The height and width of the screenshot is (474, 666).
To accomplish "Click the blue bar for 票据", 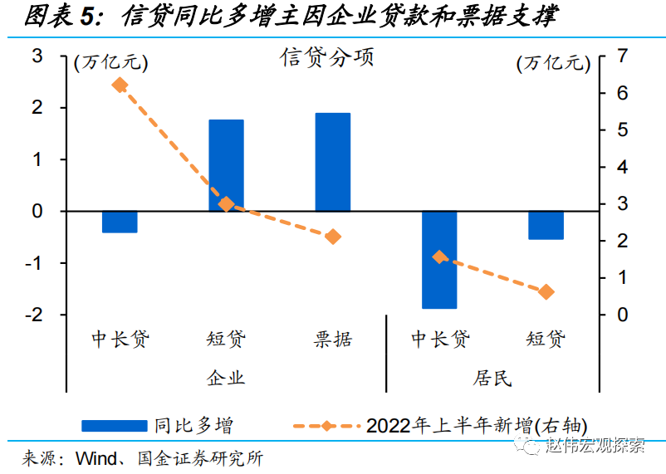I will (332, 162).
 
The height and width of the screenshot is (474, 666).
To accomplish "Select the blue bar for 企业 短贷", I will (226, 165).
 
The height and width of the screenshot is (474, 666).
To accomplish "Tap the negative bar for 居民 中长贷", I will (439, 259).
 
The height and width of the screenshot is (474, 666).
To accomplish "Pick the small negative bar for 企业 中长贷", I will (120, 222).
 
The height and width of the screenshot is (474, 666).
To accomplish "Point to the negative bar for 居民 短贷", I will (546, 225).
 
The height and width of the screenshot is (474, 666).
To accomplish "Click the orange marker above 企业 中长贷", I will (120, 85).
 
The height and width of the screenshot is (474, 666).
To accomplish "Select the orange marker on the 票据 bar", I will (333, 237).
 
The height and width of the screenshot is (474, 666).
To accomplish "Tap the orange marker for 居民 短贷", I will (546, 291).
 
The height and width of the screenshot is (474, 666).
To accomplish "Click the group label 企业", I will (226, 378).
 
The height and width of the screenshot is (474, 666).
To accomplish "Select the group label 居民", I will (492, 378).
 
